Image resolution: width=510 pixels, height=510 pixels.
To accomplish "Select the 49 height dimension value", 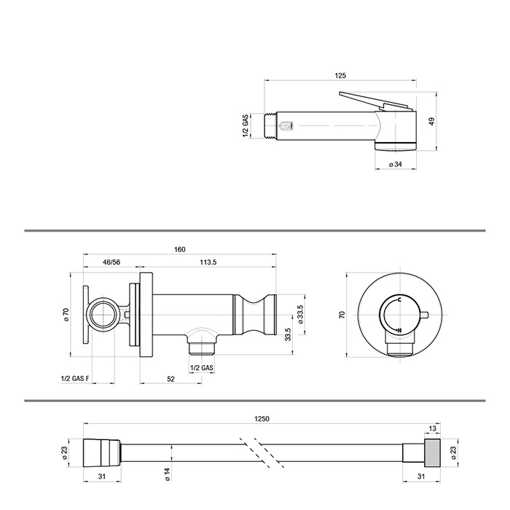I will pyautogui.click(x=431, y=122).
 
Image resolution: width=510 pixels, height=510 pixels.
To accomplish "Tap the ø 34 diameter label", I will pyautogui.click(x=396, y=165).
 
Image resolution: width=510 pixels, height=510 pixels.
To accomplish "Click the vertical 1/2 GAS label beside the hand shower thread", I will pyautogui.click(x=246, y=125).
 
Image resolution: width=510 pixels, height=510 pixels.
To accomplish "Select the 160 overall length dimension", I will pyautogui.click(x=179, y=250).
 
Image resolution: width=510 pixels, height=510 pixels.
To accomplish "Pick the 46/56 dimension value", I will pyautogui.click(x=111, y=262).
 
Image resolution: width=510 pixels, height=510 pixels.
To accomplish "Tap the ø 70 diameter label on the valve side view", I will pyautogui.click(x=66, y=315).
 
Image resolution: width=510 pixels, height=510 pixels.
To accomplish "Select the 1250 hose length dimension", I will pyautogui.click(x=262, y=418).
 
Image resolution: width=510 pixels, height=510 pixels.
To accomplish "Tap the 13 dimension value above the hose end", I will pyautogui.click(x=433, y=429).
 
